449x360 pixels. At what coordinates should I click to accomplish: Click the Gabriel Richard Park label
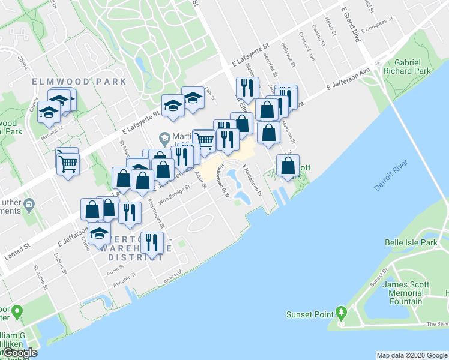click(412, 67)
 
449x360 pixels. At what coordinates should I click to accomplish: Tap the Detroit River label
click(391, 176)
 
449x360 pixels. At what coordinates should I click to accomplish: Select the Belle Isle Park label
click(411, 242)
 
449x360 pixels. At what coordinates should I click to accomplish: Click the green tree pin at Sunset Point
click(342, 313)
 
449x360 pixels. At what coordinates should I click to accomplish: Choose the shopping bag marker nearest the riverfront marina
click(288, 166)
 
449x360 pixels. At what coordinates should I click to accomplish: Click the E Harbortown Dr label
click(253, 180)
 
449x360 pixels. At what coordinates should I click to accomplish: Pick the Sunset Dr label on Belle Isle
click(377, 279)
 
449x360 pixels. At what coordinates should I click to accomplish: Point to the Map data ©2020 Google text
click(412, 355)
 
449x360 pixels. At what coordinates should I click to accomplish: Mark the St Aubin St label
click(41, 277)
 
